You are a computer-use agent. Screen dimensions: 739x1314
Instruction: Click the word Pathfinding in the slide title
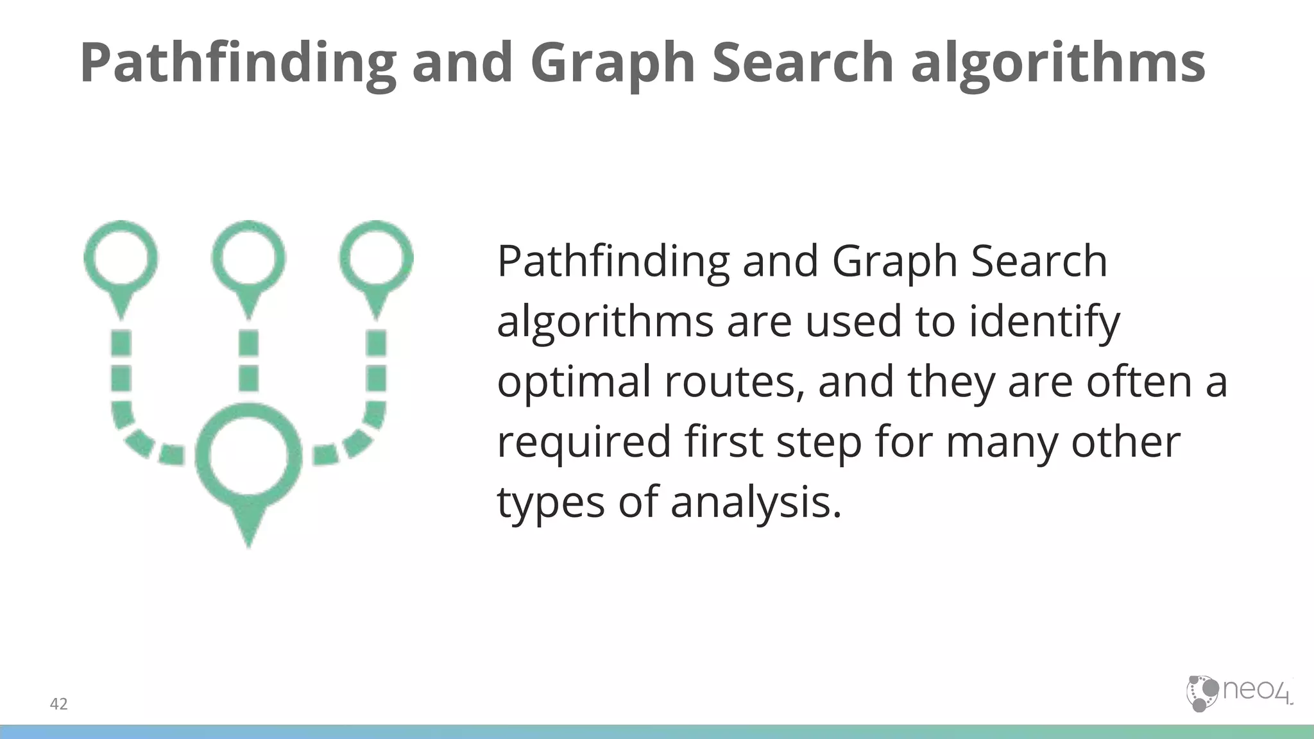click(x=238, y=63)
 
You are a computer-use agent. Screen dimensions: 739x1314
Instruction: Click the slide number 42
click(x=58, y=704)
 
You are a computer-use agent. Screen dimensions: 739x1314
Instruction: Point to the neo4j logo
click(x=1238, y=693)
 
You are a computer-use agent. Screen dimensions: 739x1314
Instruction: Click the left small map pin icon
click(x=121, y=263)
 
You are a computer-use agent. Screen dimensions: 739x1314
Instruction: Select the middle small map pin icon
click(x=248, y=263)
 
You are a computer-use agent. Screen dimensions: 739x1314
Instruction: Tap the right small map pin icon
click(x=376, y=263)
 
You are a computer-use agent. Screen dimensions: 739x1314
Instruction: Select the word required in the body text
click(x=584, y=443)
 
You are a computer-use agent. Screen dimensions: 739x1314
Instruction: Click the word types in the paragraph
click(x=550, y=504)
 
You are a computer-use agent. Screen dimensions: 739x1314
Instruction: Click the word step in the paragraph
click(x=819, y=443)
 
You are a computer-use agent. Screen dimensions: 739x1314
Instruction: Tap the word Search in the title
click(x=803, y=63)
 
